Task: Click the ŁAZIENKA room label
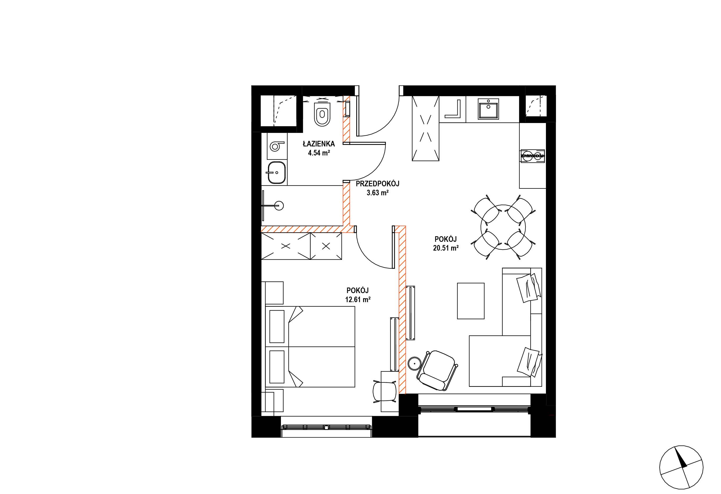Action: pos(319,144)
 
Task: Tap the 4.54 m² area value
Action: pos(319,153)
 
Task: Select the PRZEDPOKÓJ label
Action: pos(377,184)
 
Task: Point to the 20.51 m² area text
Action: pos(446,248)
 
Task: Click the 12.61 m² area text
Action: pos(358,299)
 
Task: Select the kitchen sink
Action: pos(488,108)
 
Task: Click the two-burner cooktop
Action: pos(532,156)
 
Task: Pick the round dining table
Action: pos(503,227)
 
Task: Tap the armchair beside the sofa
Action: pos(437,371)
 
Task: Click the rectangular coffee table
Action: pos(471,301)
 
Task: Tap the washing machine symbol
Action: pos(276,146)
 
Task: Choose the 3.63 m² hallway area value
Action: pos(377,193)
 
